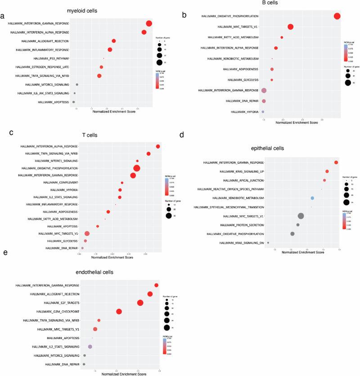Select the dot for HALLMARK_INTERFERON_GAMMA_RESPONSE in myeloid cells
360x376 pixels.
tap(149, 24)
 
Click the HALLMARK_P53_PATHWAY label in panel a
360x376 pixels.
tap(54, 59)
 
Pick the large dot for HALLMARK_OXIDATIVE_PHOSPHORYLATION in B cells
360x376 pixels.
tap(337, 16)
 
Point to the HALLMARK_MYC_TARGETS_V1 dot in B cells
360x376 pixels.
tap(290, 27)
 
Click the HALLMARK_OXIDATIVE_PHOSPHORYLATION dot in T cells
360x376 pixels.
tap(137, 168)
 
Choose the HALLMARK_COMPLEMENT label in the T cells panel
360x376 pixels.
tap(61, 182)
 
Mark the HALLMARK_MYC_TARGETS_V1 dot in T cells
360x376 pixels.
tap(87, 234)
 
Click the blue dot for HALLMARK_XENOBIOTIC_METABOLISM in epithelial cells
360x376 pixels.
tap(312, 198)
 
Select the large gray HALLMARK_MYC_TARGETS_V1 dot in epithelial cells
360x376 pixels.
tap(301, 216)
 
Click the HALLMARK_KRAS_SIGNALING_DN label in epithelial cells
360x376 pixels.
tap(242, 243)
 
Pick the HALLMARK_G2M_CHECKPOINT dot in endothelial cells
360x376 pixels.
tap(119, 312)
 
